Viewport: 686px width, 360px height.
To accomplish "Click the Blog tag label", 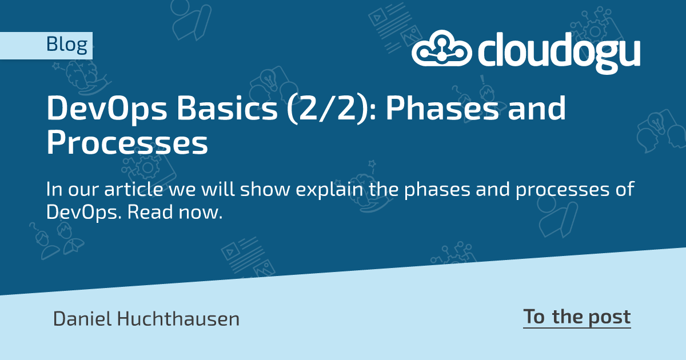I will coord(66,45).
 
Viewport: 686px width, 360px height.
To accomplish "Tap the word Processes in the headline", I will coord(127,144).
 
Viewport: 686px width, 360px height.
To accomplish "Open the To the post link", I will coord(577,317).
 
